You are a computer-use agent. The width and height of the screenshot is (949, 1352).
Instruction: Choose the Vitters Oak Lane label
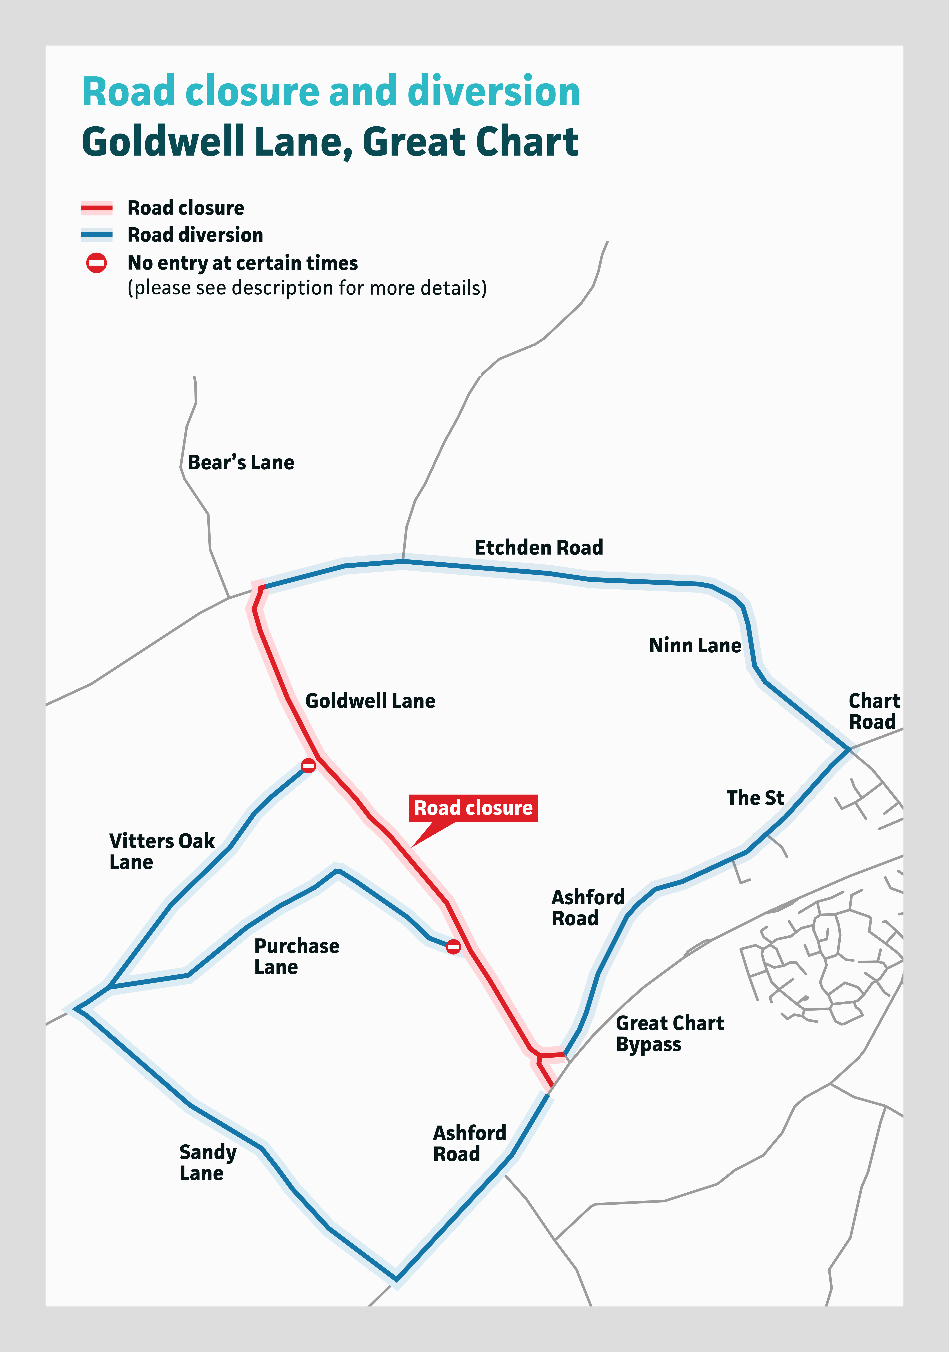162,851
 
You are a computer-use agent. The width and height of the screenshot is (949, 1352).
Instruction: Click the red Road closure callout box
473,808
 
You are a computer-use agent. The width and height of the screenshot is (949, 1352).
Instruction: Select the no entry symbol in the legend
97,263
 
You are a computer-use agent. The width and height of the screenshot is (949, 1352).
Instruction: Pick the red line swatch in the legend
97,208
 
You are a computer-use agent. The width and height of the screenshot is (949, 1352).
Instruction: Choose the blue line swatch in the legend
97,235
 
